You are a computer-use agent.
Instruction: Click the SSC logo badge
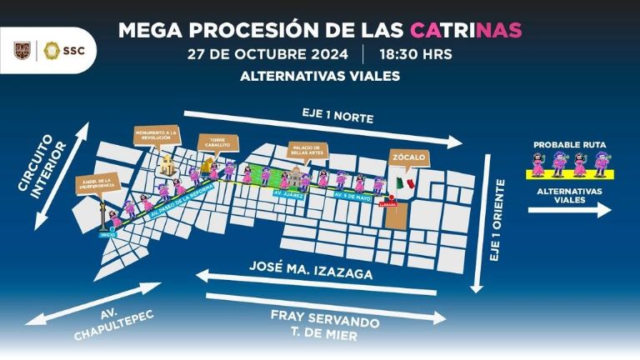coord(69,51)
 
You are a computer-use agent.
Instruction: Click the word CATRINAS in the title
coord(466,30)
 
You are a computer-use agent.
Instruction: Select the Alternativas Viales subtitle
coord(319,77)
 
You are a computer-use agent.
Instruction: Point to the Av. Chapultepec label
coord(92,326)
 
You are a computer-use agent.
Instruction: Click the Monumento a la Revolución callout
coord(157,137)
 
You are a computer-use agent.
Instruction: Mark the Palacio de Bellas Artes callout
coord(307,152)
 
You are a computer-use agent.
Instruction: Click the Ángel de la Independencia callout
coord(98,182)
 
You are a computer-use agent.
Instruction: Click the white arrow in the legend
coord(569,211)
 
